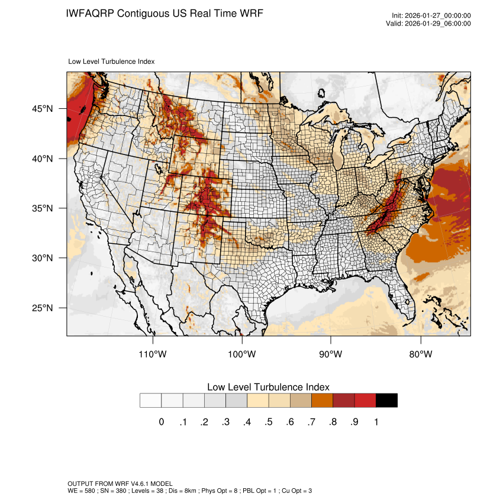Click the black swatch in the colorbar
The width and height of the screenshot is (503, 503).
coord(386,400)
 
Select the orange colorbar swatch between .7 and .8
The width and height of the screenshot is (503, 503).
coord(322,400)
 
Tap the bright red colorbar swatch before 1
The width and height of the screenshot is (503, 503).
coord(365,400)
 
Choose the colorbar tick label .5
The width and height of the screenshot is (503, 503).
coord(269,422)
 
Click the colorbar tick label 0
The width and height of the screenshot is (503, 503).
coord(161,422)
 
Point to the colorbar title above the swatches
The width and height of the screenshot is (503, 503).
coord(268,386)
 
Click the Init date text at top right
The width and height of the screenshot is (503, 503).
coord(431,16)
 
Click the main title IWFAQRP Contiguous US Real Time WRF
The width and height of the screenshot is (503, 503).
coord(165,13)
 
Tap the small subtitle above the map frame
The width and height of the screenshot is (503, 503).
coord(112,61)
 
